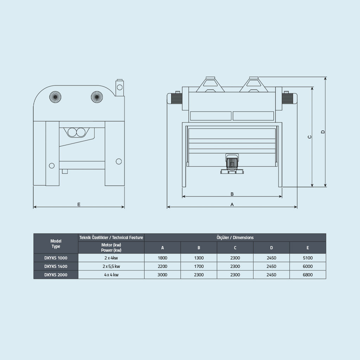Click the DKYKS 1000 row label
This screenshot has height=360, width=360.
56,258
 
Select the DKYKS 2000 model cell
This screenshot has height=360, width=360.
56,275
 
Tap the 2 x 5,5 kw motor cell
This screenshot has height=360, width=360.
111,266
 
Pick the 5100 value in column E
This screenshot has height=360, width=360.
308,258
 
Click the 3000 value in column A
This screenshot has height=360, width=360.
162,275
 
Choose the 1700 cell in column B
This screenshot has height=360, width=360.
199,266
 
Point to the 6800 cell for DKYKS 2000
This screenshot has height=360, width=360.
308,275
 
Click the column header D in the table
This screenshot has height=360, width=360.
271,248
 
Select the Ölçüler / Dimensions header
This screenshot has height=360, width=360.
235,238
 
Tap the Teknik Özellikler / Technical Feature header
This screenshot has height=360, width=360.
111,238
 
